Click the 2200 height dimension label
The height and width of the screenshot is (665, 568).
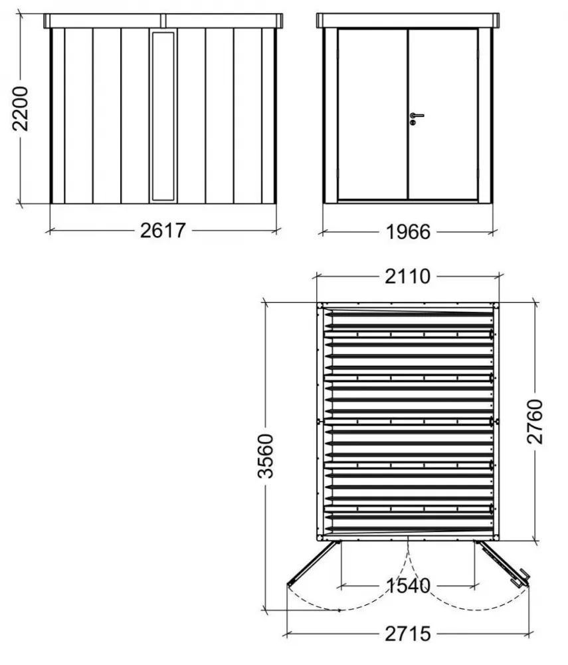click(x=21, y=108)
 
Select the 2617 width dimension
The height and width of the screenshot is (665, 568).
click(x=163, y=230)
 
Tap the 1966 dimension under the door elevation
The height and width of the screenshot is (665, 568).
click(x=409, y=232)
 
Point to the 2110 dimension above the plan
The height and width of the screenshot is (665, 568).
click(x=407, y=277)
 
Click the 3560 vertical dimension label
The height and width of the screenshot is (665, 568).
click(x=266, y=456)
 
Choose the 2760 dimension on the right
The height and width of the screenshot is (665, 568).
click(x=535, y=422)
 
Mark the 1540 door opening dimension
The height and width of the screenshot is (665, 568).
click(x=409, y=586)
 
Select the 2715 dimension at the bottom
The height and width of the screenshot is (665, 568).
click(x=408, y=634)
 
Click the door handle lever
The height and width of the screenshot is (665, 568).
click(x=417, y=115)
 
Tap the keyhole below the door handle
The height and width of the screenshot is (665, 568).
click(x=413, y=122)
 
